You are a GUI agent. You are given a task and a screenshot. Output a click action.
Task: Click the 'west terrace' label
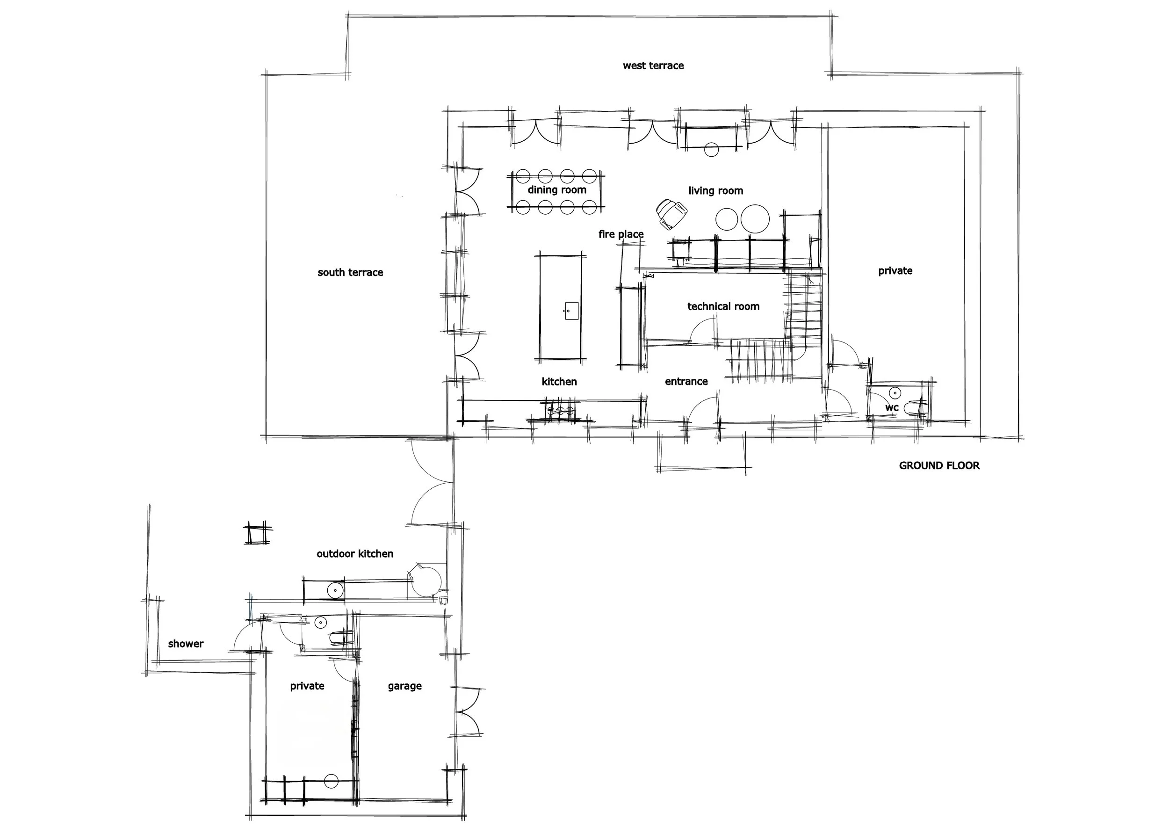[653, 65]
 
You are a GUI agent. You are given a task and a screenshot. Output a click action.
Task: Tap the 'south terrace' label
[350, 272]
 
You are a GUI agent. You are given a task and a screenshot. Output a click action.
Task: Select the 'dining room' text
[557, 190]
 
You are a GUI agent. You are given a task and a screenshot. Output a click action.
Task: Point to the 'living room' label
[715, 191]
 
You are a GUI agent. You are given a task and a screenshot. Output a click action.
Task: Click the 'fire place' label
[621, 234]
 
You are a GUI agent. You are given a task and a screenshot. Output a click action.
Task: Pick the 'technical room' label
[723, 306]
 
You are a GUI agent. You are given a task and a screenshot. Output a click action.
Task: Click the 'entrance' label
[686, 381]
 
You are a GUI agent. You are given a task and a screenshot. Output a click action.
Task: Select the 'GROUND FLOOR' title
[939, 465]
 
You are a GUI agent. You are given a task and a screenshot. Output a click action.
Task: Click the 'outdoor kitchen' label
[355, 554]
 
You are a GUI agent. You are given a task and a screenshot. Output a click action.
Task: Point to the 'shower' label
[186, 644]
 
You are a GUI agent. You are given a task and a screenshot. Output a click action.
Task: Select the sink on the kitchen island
[571, 311]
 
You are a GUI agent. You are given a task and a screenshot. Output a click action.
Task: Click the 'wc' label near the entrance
[892, 408]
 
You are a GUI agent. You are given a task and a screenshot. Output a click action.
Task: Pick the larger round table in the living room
[755, 219]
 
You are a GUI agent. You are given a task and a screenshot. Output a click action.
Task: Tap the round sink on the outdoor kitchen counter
[336, 591]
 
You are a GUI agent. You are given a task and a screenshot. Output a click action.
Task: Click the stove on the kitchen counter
[561, 410]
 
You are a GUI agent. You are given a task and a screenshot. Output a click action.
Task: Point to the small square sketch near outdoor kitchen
[258, 534]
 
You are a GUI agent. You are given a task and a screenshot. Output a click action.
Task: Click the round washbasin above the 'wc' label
[895, 393]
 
